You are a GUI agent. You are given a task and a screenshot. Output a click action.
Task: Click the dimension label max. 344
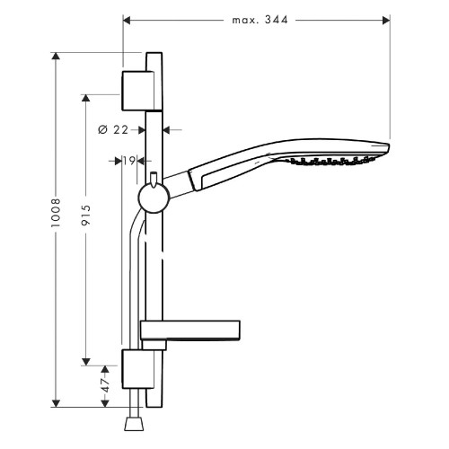click(260, 20)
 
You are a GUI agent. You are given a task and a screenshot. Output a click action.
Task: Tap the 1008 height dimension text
click(56, 213)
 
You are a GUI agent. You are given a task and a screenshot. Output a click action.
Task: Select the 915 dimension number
click(86, 215)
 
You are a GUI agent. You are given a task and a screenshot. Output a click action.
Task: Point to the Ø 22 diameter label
click(113, 130)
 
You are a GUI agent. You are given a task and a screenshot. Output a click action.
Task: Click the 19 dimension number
click(129, 161)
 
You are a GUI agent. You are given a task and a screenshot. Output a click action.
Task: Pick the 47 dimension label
click(105, 385)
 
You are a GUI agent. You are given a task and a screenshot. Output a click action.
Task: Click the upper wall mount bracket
click(137, 91)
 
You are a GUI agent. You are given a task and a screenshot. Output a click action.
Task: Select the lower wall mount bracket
click(137, 369)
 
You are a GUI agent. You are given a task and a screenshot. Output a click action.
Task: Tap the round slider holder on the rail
click(154, 198)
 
